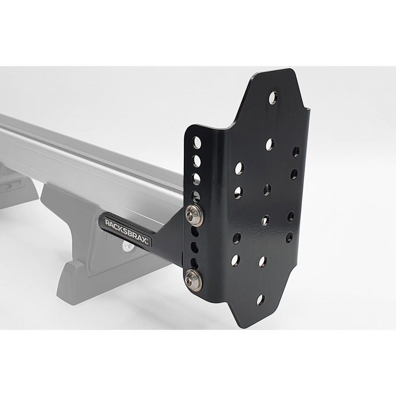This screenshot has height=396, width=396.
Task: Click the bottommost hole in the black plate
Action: pos(260,299)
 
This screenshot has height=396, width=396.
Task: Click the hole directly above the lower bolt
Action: pos(195,261)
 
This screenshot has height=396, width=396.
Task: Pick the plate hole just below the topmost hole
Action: pos(271,143)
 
